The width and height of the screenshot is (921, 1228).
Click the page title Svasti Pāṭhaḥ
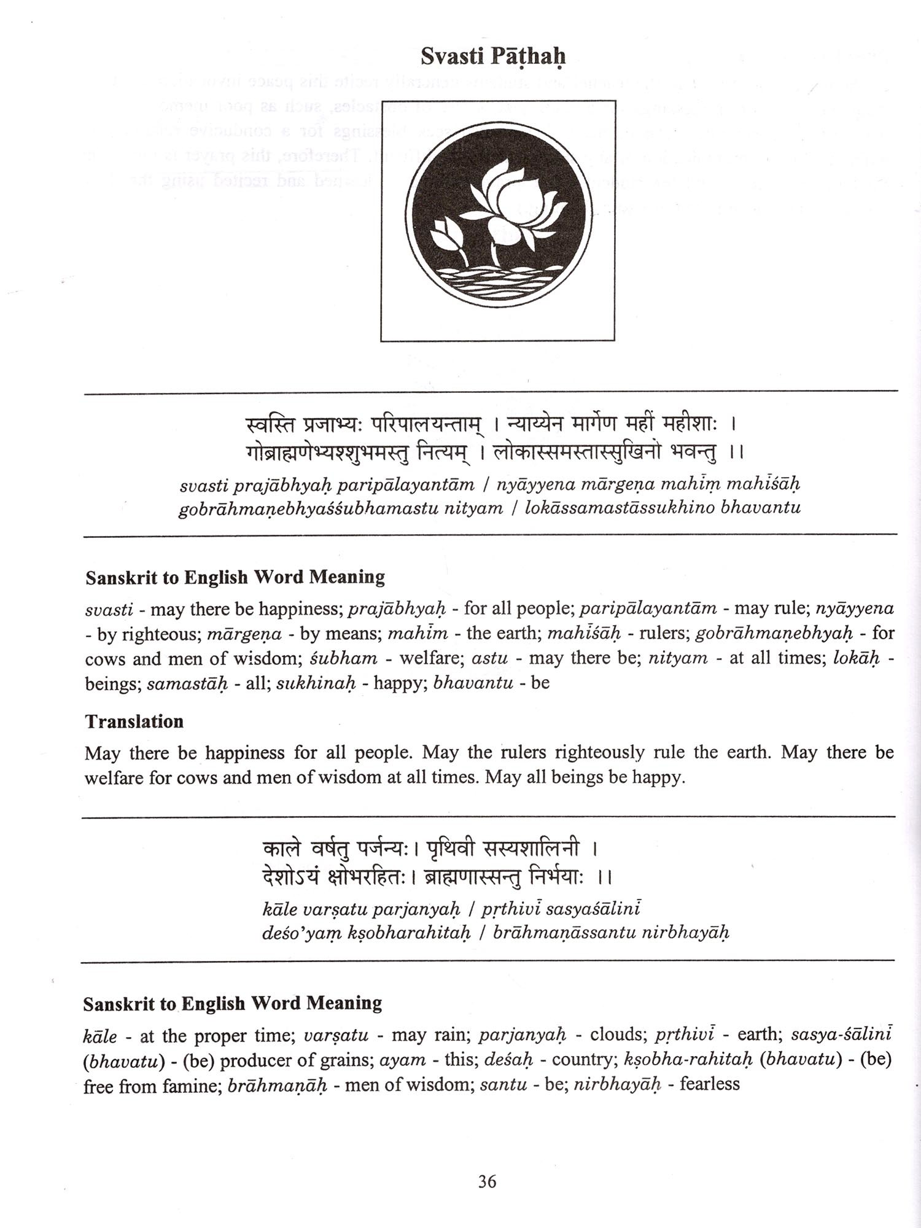pos(493,56)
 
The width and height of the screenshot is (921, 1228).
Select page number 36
pos(487,1181)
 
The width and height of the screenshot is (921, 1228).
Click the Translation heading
pos(134,721)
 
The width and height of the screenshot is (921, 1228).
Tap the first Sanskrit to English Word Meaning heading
pos(235,577)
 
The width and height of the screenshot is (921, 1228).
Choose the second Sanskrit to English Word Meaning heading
pos(233,1003)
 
